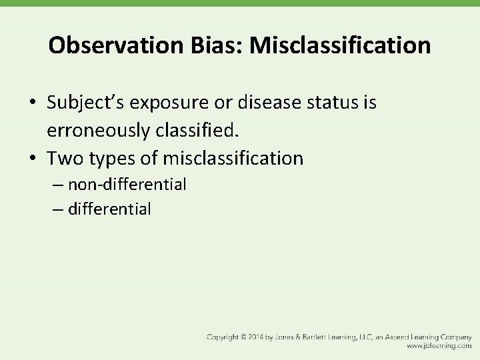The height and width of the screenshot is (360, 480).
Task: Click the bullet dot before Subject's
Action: pyautogui.click(x=33, y=104)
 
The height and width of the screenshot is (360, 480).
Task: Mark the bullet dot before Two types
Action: pyautogui.click(x=33, y=159)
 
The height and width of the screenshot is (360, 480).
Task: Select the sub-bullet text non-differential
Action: pyautogui.click(x=127, y=183)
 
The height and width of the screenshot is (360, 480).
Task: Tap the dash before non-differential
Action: pyautogui.click(x=56, y=184)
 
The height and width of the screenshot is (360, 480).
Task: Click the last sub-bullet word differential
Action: pyautogui.click(x=109, y=209)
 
